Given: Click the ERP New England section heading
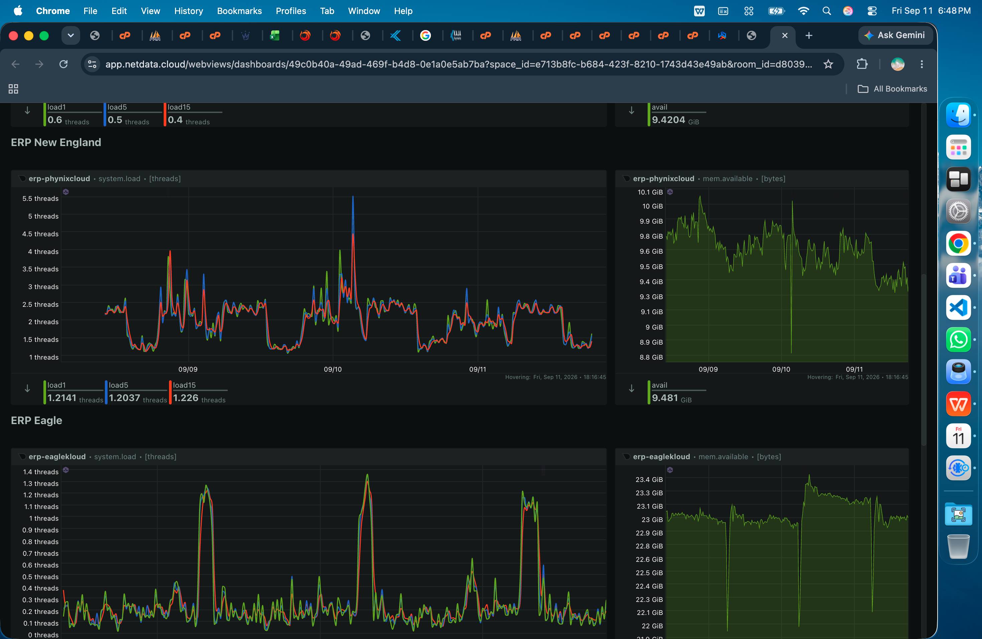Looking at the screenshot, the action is (56, 142).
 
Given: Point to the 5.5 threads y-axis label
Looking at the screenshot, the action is (40, 199).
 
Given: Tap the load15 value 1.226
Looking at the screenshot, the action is (186, 398).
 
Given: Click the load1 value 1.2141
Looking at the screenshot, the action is (62, 398).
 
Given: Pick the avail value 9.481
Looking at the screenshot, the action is (665, 398).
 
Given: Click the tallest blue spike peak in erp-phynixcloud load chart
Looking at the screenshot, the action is (353, 197).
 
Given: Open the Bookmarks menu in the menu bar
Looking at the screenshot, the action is (239, 11).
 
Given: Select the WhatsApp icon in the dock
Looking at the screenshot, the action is (958, 340).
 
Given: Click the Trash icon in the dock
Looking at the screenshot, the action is (958, 546).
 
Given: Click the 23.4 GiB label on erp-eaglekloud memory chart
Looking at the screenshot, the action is (649, 479).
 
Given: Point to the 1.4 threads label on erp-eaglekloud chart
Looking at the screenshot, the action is (41, 472).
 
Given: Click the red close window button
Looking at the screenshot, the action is (13, 36).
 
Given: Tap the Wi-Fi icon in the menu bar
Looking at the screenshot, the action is (803, 11).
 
